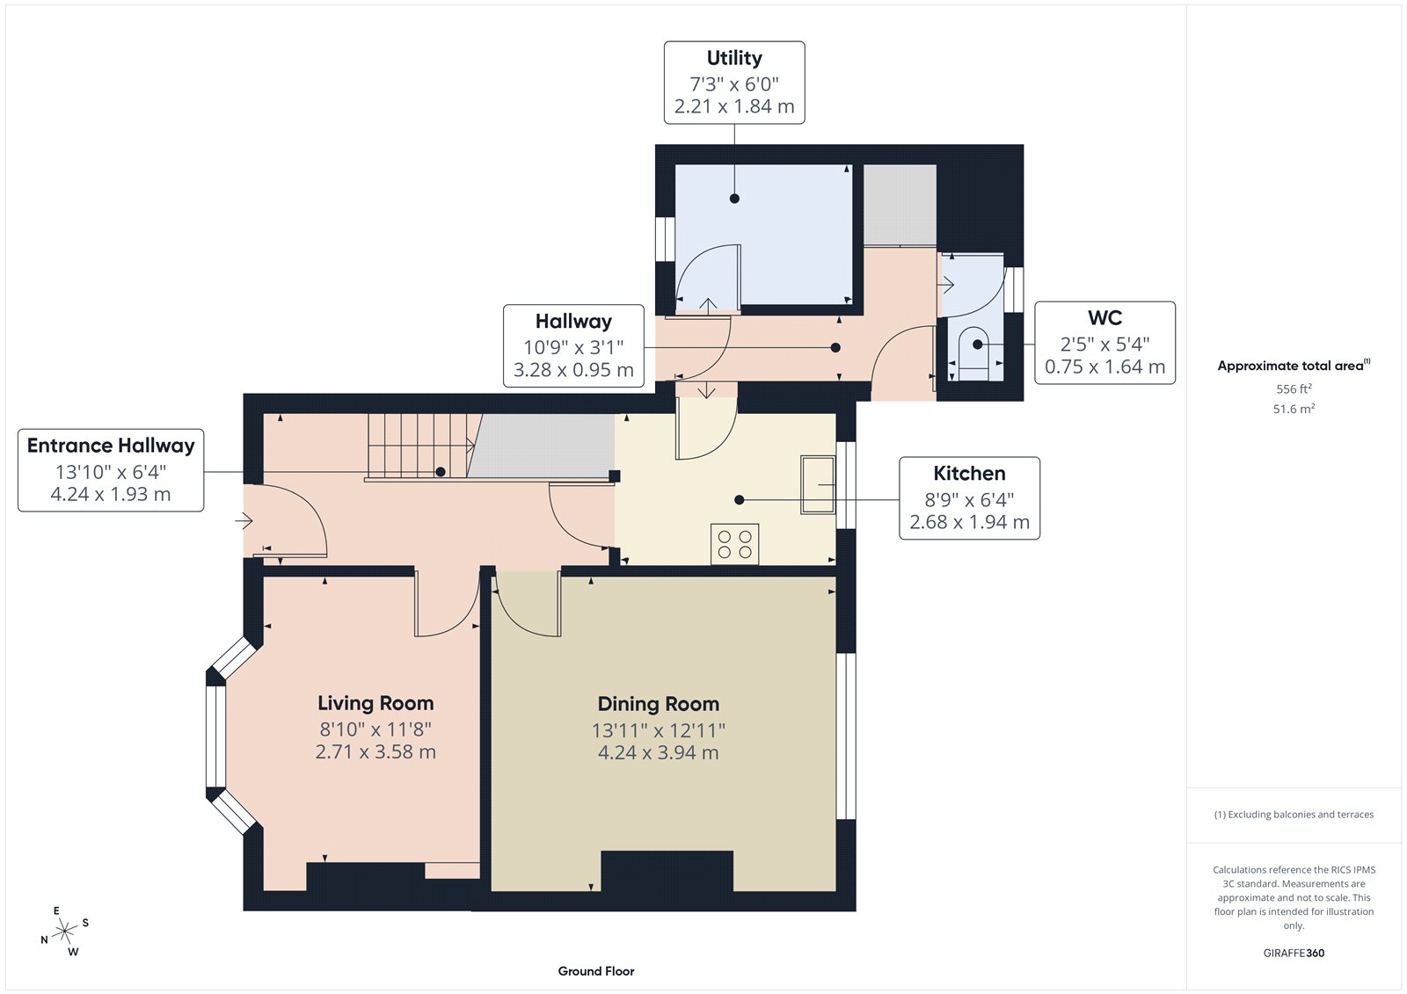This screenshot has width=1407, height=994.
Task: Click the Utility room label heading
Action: [734, 58]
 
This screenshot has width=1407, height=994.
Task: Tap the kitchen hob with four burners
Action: [734, 543]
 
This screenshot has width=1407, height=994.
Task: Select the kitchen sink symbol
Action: [817, 484]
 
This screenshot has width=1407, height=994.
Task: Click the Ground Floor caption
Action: [595, 971]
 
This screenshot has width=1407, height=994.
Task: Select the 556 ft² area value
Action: [1294, 388]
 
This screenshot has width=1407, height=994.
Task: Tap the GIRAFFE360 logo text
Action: [1294, 953]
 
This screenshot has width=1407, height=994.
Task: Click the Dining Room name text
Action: [658, 704]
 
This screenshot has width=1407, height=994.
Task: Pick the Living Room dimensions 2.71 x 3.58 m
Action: [375, 751]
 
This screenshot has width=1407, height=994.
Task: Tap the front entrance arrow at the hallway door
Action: [244, 521]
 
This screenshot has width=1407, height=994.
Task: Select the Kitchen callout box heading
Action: [969, 474]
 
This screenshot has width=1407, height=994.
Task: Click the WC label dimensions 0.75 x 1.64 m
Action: [1104, 367]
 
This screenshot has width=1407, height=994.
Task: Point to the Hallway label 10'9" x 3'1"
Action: [573, 347]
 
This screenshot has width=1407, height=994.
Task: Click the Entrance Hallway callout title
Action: [111, 446]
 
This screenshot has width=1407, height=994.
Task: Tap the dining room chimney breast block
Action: [667, 870]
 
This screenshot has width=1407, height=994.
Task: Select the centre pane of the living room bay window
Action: [215, 735]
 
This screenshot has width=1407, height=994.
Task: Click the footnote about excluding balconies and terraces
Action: [1294, 815]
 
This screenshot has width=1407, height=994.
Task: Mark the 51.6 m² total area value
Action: [1294, 409]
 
